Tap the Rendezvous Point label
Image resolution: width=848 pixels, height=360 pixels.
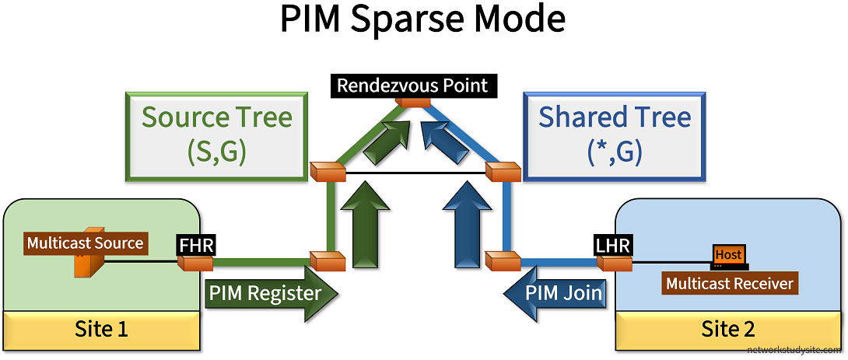(412, 85)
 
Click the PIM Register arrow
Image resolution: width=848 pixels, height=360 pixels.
(272, 293)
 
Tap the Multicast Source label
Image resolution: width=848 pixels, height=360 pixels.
(85, 243)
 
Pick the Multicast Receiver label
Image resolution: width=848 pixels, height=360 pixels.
(730, 283)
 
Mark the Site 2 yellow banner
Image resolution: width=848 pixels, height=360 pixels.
(727, 329)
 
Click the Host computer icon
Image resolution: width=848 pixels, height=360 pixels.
(729, 256)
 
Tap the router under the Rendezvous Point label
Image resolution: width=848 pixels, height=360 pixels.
(412, 101)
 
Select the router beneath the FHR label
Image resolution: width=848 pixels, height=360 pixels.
(194, 264)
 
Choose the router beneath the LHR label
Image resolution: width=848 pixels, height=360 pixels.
(615, 264)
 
